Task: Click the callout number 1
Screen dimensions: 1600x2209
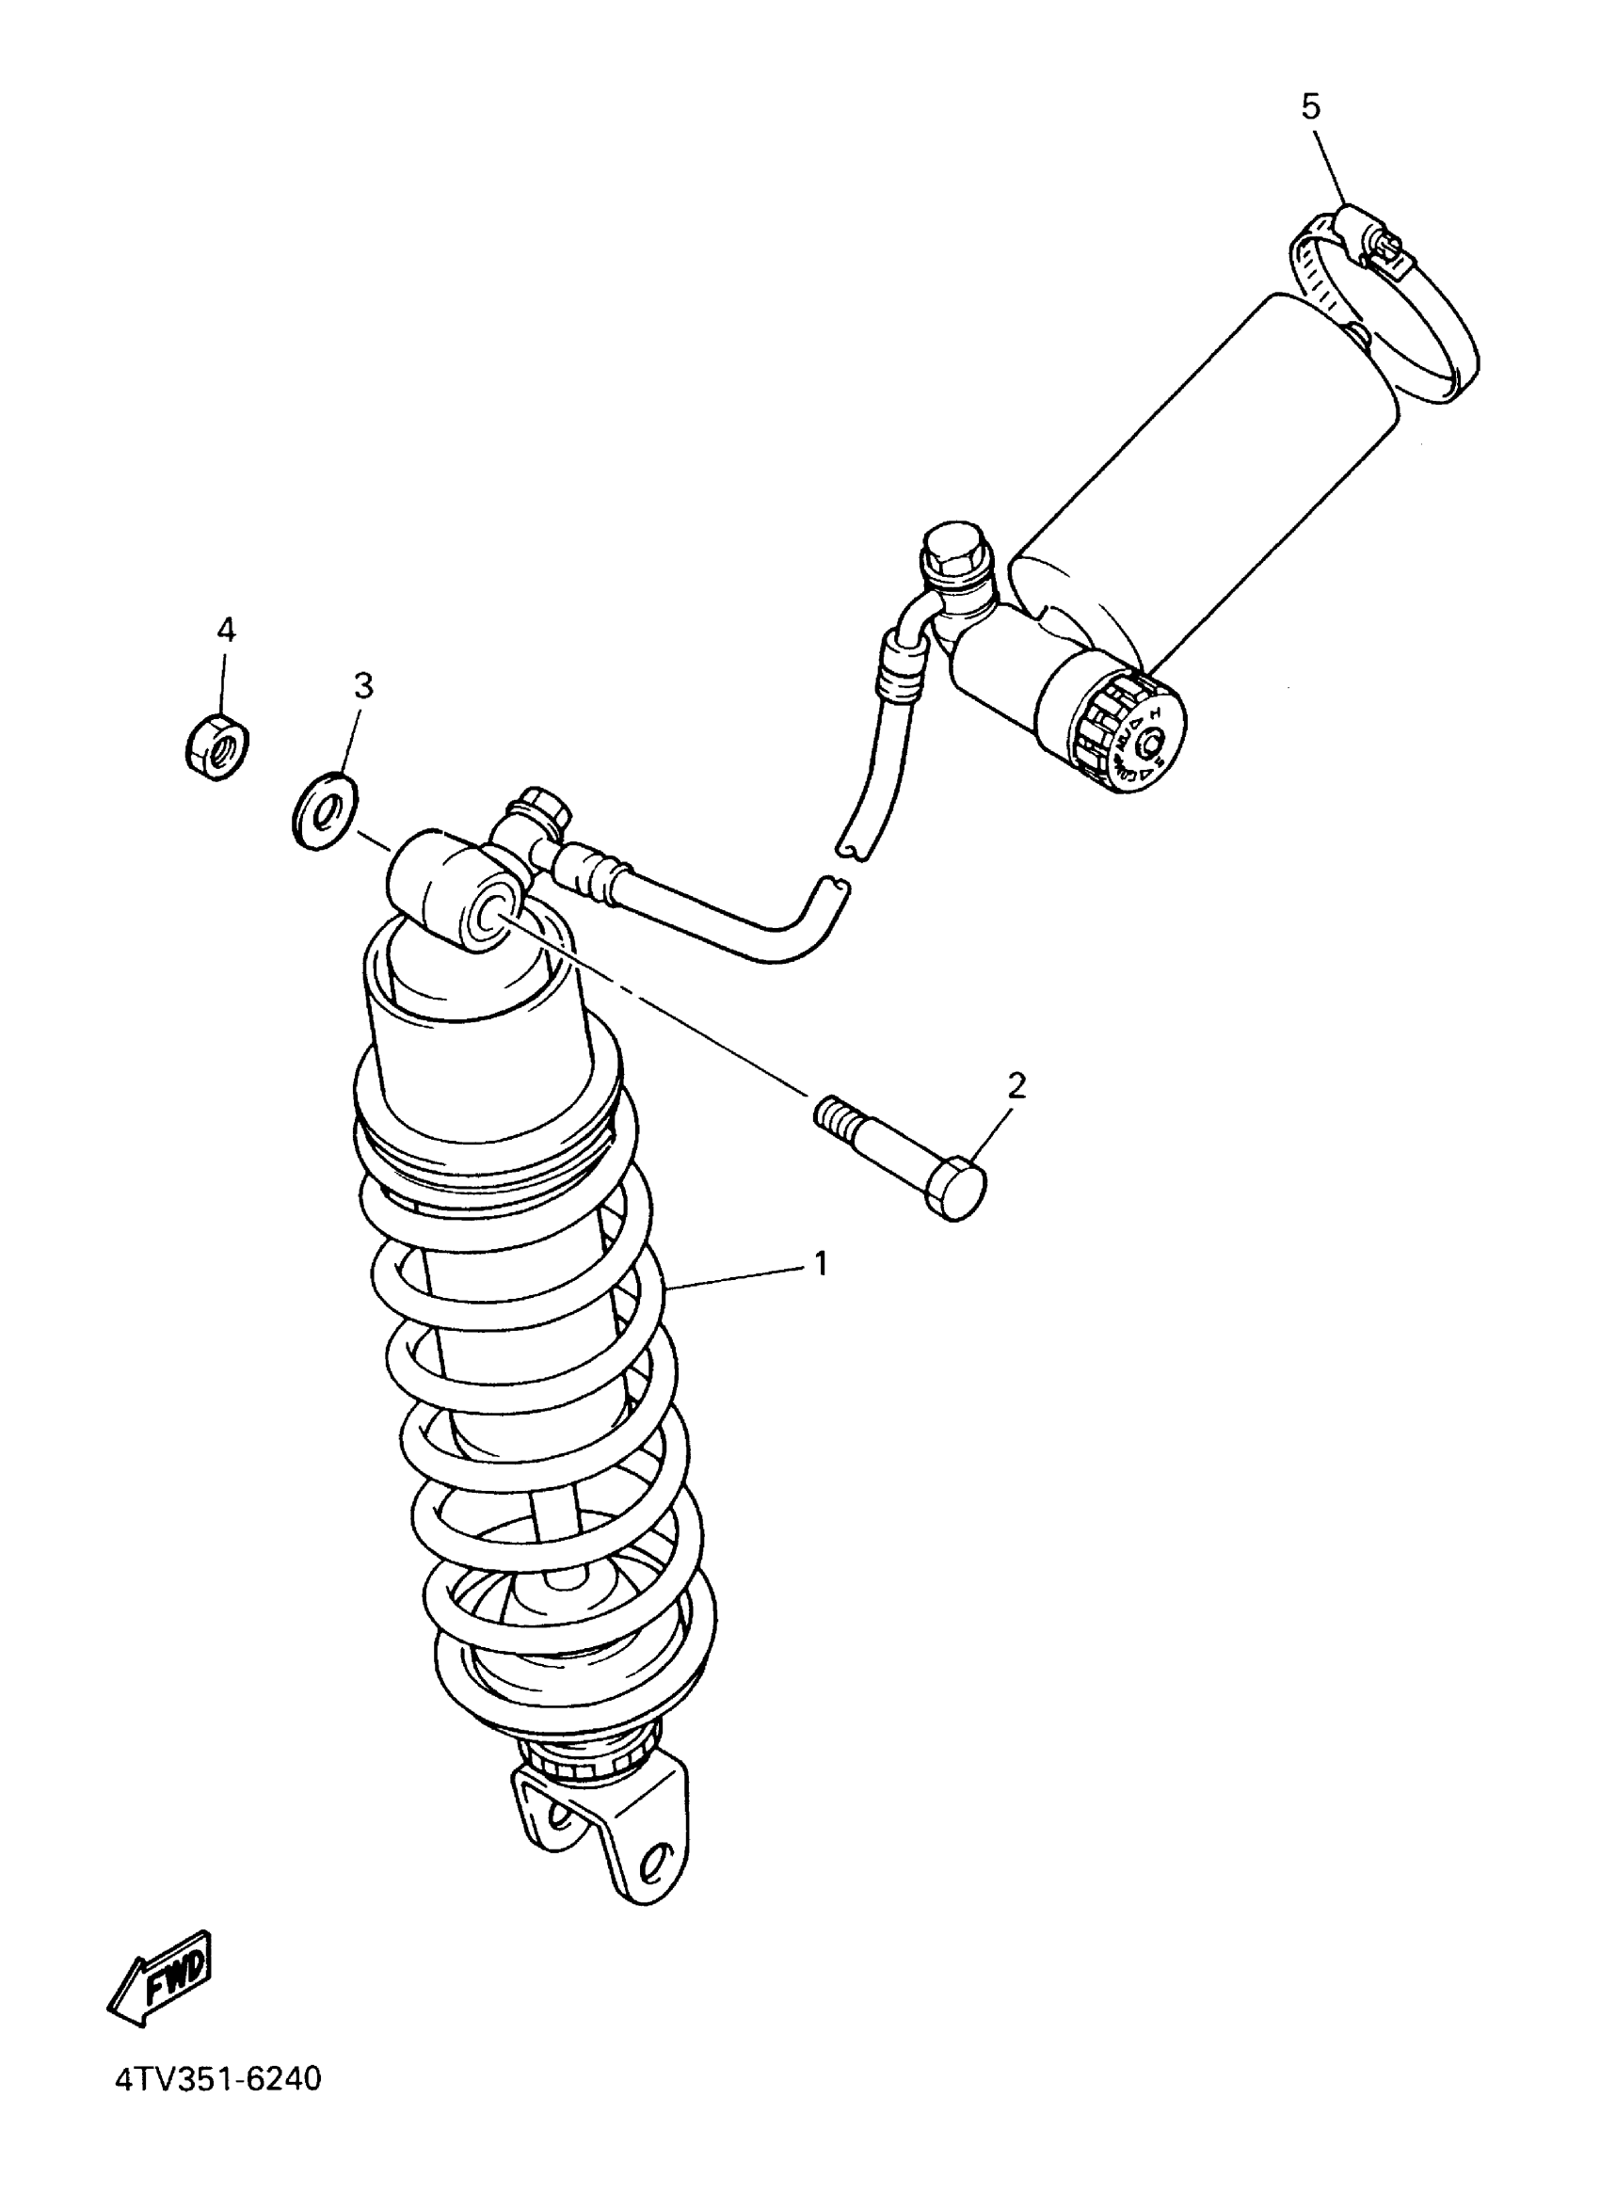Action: (x=820, y=1264)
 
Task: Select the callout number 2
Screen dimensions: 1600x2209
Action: (x=1016, y=1085)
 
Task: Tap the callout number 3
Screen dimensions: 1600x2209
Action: (x=362, y=687)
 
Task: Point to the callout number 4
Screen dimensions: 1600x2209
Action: (x=225, y=631)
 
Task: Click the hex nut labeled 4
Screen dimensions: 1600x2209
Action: (x=216, y=745)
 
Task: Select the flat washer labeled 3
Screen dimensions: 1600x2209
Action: (x=325, y=808)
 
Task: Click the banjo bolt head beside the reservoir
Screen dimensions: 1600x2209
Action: (x=955, y=552)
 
